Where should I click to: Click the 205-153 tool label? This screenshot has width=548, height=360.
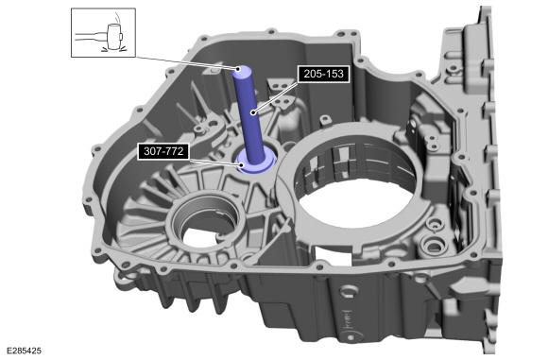[324, 74]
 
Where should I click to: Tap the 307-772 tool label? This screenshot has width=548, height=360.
[163, 151]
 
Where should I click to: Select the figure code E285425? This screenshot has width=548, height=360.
[24, 351]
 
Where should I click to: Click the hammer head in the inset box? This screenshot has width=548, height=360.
[114, 37]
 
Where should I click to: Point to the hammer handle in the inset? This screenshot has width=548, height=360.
[91, 36]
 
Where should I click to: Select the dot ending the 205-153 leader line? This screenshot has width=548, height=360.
[252, 112]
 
